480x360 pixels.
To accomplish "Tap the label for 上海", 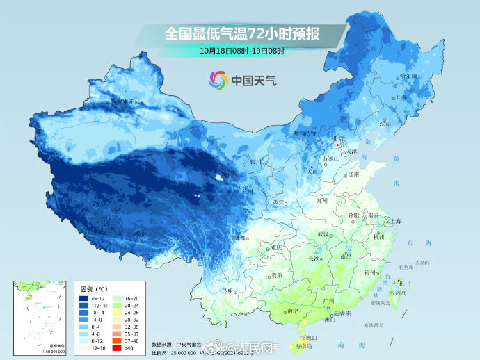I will coord(395,221).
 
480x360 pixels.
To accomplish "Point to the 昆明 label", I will coord(227,291).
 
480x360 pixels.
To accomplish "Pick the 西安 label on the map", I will coord(280,202).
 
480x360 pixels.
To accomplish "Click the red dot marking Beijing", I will coord(338,145).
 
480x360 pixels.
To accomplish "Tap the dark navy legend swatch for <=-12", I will coord(83,298).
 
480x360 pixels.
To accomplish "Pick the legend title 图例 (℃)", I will coord(93,288).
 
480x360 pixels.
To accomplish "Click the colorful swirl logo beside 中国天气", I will coord(218,80).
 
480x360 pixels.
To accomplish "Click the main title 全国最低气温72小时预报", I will coord(241,32).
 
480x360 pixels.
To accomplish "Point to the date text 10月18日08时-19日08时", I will coord(241,51).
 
